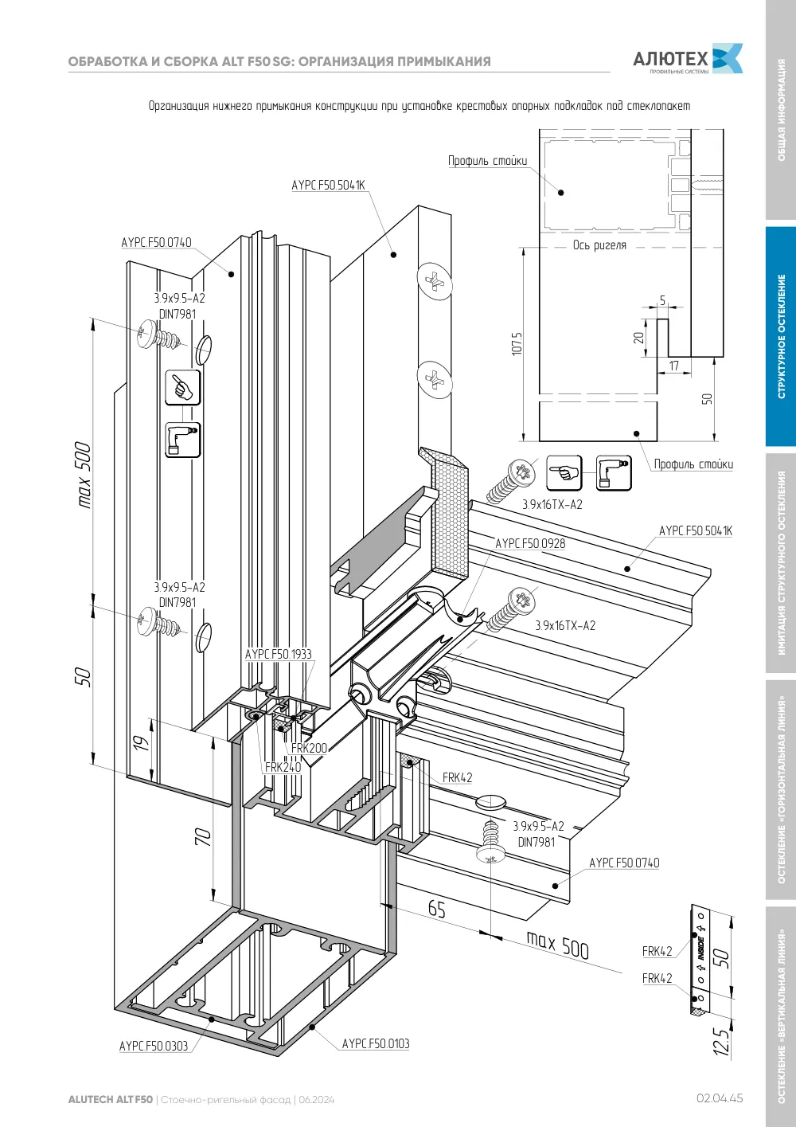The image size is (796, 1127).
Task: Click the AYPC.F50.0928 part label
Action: pos(530,544)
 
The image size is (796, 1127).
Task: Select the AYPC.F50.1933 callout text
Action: pos(278,654)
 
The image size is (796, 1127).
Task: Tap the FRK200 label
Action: pos(309,748)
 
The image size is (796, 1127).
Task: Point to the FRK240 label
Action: pos(283,767)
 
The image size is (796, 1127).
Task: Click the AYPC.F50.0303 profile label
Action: pos(154,1047)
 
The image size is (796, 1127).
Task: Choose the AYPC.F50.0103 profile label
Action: pos(376,1044)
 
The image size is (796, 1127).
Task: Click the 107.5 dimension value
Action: pos(517,343)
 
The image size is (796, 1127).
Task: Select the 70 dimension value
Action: pos(203,837)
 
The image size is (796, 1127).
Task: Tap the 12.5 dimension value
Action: pos(720,1040)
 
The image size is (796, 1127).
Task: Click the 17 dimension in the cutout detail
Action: pos(673,366)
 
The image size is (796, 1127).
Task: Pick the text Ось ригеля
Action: pos(599,245)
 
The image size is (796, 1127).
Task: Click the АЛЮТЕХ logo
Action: pos(688,59)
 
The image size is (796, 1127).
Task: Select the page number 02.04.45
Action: pos(720,1098)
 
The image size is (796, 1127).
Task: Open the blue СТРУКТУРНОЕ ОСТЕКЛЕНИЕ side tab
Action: pos(781,336)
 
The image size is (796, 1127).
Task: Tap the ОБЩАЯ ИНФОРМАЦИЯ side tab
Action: pos(781,110)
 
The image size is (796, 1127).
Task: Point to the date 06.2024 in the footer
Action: pos(316,1100)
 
